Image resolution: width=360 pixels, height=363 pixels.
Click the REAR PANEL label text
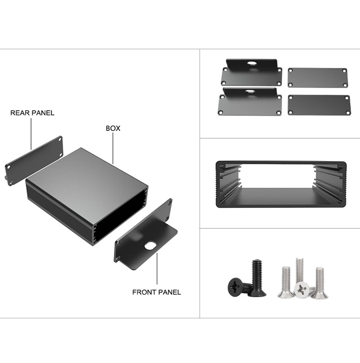pyautogui.click(x=32, y=113)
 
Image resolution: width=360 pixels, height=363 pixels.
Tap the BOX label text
pyautogui.click(x=113, y=128)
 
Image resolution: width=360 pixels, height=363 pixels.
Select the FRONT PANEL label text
pyautogui.click(x=156, y=292)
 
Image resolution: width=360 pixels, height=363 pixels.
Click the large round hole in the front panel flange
pyautogui.click(x=150, y=245)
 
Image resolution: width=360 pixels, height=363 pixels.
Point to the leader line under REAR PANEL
pyautogui.click(x=31, y=134)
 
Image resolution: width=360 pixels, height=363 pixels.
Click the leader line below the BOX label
pyautogui.click(x=113, y=149)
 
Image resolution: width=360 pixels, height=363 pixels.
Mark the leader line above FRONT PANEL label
pyautogui.click(x=157, y=268)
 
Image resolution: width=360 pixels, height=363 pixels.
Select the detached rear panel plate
pyautogui.click(x=34, y=161)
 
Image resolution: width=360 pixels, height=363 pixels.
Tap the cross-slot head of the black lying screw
pyautogui.click(x=235, y=285)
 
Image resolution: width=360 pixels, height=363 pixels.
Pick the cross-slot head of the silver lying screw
pyautogui.click(x=302, y=290)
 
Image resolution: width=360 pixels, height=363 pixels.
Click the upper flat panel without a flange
pyautogui.click(x=318, y=78)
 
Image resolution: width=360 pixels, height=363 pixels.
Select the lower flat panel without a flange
pyautogui.click(x=319, y=105)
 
